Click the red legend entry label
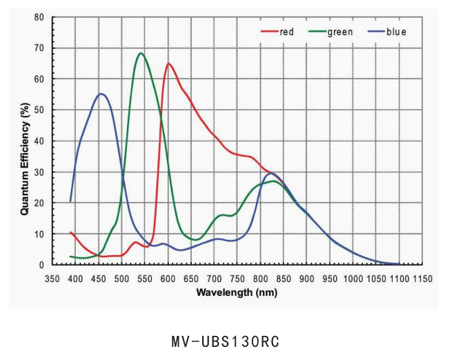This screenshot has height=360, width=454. [x=287, y=32]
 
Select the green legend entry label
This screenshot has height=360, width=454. [x=340, y=32]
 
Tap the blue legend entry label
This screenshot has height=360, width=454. [x=396, y=32]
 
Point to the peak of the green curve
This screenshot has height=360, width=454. [x=141, y=53]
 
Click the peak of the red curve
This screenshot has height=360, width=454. [x=168, y=63]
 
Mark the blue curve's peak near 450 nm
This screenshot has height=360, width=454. [x=101, y=94]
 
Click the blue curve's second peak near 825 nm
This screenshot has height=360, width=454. [x=271, y=173]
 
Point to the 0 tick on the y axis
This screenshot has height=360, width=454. [x=41, y=265]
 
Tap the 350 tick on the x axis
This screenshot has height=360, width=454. [x=52, y=279]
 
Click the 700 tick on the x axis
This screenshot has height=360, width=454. [x=214, y=279]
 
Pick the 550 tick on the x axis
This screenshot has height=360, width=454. [x=145, y=279]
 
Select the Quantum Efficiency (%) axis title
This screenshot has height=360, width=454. [x=24, y=159]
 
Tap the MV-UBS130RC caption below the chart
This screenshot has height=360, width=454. [x=226, y=341]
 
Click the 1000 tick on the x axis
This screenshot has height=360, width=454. [x=352, y=279]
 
